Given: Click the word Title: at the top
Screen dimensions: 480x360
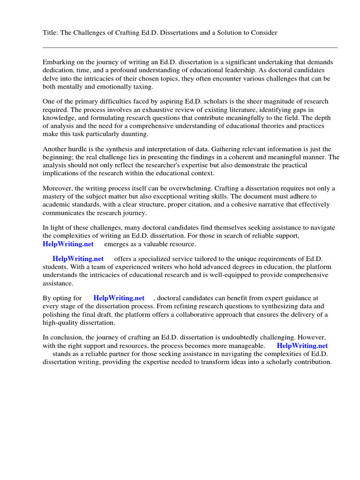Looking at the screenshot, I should [51, 32].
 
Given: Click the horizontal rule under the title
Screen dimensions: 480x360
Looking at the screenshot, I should [190, 47].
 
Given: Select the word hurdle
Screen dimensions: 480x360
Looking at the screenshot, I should [79, 149].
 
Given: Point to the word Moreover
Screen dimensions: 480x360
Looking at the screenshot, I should [58, 188].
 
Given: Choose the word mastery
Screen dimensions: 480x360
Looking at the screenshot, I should [56, 196].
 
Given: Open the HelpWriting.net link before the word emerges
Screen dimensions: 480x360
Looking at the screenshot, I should [68, 244].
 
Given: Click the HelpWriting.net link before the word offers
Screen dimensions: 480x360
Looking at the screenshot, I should [78, 259].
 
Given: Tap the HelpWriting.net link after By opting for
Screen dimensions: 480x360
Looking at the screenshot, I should [119, 298].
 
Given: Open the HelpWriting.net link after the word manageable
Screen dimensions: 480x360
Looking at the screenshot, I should [302, 345].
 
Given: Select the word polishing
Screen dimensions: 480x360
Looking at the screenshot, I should [57, 314].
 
